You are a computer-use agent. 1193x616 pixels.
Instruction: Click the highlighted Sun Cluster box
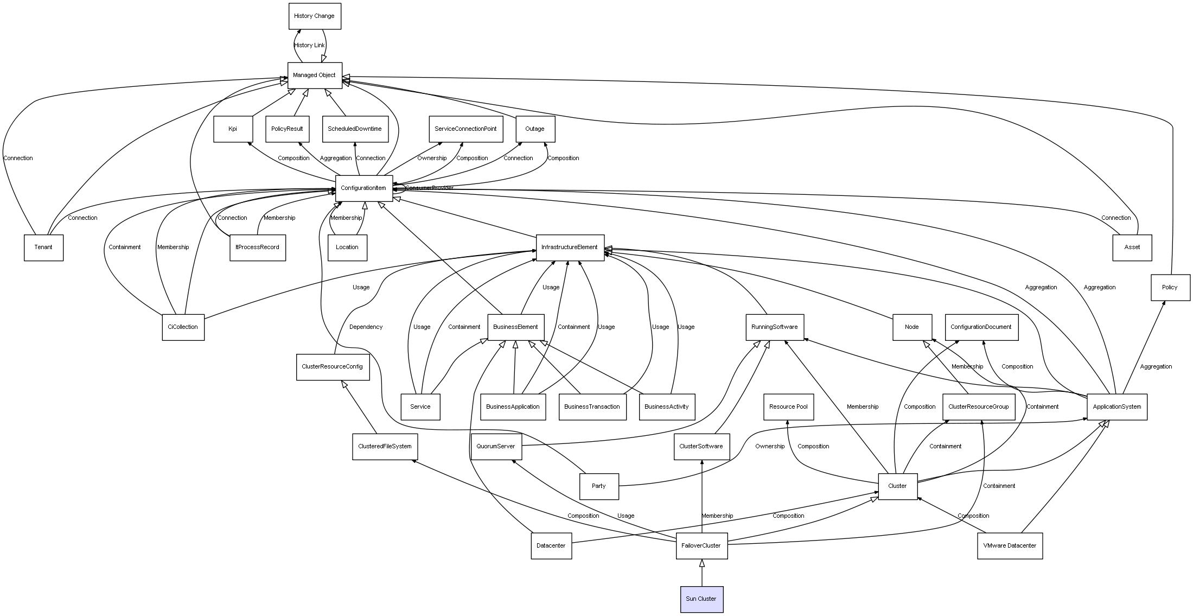[701, 599]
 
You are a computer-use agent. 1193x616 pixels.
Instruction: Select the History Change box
[315, 16]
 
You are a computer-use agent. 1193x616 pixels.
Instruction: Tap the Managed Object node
[315, 75]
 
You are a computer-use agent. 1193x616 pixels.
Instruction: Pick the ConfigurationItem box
[363, 188]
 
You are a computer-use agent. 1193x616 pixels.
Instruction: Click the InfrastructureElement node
[570, 247]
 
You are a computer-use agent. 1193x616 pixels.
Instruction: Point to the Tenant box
[43, 247]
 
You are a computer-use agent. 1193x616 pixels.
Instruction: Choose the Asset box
[1132, 247]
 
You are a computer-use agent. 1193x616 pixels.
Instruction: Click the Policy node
[1170, 287]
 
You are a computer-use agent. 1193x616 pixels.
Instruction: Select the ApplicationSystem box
[1117, 407]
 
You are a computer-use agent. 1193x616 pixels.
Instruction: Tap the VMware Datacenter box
[1010, 545]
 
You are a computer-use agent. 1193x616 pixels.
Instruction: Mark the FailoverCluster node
[701, 545]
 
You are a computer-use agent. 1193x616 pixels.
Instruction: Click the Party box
[599, 486]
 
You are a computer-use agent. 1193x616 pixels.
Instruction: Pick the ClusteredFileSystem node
[385, 446]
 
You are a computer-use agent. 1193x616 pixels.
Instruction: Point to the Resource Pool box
[788, 407]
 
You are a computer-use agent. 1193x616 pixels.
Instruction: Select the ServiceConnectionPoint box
[465, 129]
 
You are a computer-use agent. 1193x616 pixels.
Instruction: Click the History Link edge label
[309, 46]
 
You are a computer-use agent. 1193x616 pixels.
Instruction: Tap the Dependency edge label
[366, 327]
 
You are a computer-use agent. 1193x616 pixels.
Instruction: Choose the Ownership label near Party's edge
[770, 447]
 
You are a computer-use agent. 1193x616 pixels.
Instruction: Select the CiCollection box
[183, 327]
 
